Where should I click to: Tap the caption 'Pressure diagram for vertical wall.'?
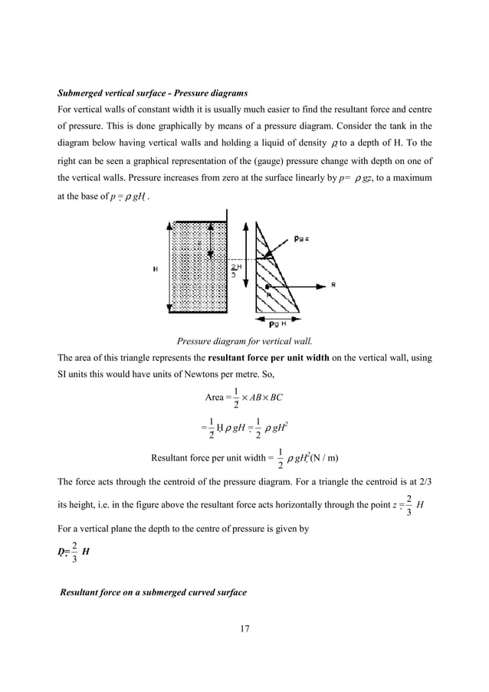pyautogui.click(x=244, y=341)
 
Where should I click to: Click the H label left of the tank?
pyautogui.click(x=156, y=269)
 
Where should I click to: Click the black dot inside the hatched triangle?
pyautogui.click(x=267, y=284)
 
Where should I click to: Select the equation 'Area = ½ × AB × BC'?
pyautogui.click(x=244, y=398)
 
